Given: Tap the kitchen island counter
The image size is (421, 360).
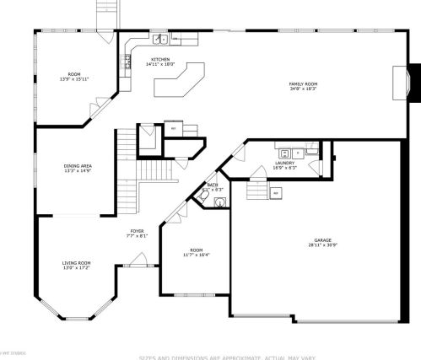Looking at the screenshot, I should click(x=180, y=80).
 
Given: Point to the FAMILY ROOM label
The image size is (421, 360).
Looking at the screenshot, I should click(x=303, y=83).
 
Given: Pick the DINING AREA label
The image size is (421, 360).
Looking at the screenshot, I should click(x=78, y=166).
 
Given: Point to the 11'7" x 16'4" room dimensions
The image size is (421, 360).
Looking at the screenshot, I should click(x=196, y=254).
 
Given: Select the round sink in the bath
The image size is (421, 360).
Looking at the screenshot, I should click(x=219, y=202).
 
